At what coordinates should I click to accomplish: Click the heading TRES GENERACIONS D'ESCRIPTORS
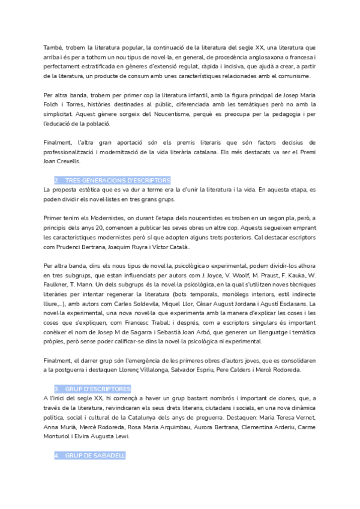[118, 181]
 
